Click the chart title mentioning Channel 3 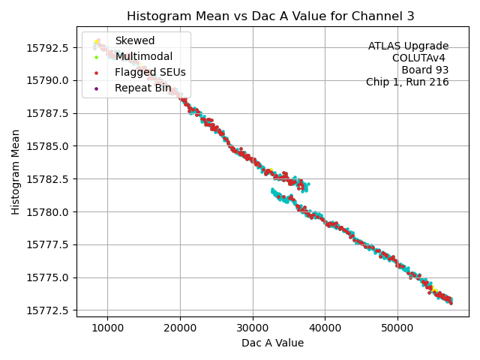pos(270,16)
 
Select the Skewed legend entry pos(134,40)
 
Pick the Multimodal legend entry pos(143,56)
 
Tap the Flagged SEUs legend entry pos(150,72)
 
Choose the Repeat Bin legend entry pos(142,88)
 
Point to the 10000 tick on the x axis pos(107,328)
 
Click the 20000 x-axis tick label pos(180,328)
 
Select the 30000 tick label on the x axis pos(253,328)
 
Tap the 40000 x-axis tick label pos(325,328)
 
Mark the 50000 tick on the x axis pos(397,328)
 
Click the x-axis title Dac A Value pos(272,343)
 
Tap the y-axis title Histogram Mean pos(16,172)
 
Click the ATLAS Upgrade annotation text pos(408,46)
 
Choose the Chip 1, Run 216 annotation pos(407,82)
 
